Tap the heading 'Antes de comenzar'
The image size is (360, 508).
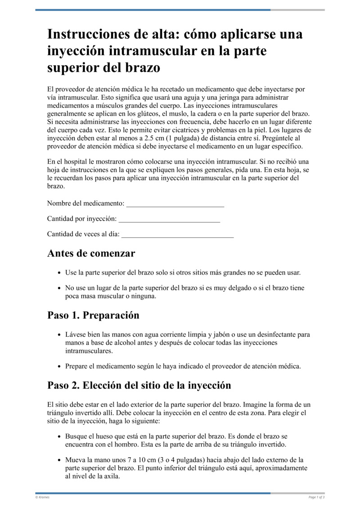91,253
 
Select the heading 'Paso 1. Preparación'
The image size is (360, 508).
93,315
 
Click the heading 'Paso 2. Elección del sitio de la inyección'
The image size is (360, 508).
139,385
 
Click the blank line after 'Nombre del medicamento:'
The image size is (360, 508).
175,204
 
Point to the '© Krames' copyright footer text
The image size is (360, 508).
42,497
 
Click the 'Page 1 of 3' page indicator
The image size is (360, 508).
316,497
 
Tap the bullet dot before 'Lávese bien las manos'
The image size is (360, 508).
60,335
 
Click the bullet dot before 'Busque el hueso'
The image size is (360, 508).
60,437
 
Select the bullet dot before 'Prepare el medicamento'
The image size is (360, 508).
60,366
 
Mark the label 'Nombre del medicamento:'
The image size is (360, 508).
85,204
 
